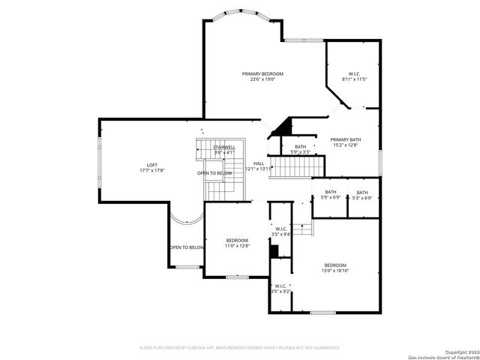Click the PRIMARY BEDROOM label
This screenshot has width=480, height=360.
[x=262, y=73]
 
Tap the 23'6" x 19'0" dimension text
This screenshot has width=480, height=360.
[x=262, y=79]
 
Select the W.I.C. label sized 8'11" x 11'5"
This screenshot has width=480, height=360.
[x=354, y=73]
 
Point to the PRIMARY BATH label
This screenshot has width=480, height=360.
[x=346, y=139]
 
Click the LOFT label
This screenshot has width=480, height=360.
[x=152, y=165]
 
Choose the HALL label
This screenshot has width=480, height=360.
[x=258, y=163]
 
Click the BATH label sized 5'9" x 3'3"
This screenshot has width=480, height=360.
[x=300, y=147]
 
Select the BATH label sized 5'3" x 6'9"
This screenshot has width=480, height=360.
[x=362, y=192]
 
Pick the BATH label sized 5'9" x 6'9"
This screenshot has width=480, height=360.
[x=331, y=192]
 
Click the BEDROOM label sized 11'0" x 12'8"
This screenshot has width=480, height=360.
[x=237, y=240]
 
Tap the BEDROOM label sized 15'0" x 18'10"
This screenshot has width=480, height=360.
[x=335, y=265]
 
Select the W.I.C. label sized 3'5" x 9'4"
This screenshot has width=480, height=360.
[x=280, y=229]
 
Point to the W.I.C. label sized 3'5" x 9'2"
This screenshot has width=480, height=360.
[x=280, y=286]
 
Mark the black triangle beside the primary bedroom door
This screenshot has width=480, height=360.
[x=282, y=127]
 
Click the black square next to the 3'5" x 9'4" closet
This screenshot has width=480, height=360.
[x=273, y=249]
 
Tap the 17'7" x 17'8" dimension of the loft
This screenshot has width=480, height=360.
[x=152, y=171]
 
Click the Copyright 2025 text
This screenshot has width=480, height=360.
[x=458, y=351]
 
